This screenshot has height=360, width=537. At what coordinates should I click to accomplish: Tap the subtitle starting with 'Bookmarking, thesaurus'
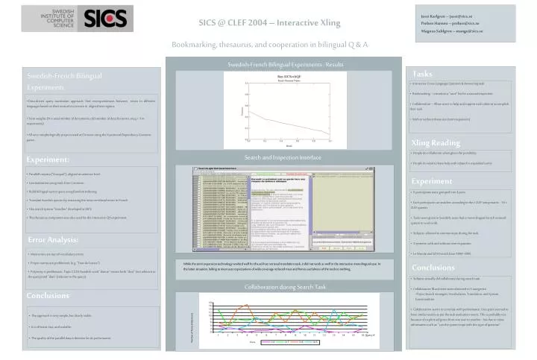click(270, 45)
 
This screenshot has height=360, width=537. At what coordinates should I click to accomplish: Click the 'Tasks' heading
click(422, 73)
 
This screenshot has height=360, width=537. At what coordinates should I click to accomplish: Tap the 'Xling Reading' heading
click(436, 142)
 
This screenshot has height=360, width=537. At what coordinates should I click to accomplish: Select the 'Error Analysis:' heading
click(53, 239)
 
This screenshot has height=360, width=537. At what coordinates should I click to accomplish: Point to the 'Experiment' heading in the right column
click(432, 181)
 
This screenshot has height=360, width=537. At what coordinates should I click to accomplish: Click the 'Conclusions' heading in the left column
click(48, 296)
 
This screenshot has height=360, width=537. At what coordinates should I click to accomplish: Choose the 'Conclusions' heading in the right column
click(433, 268)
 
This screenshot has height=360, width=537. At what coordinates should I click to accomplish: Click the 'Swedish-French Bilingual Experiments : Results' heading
click(286, 66)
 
